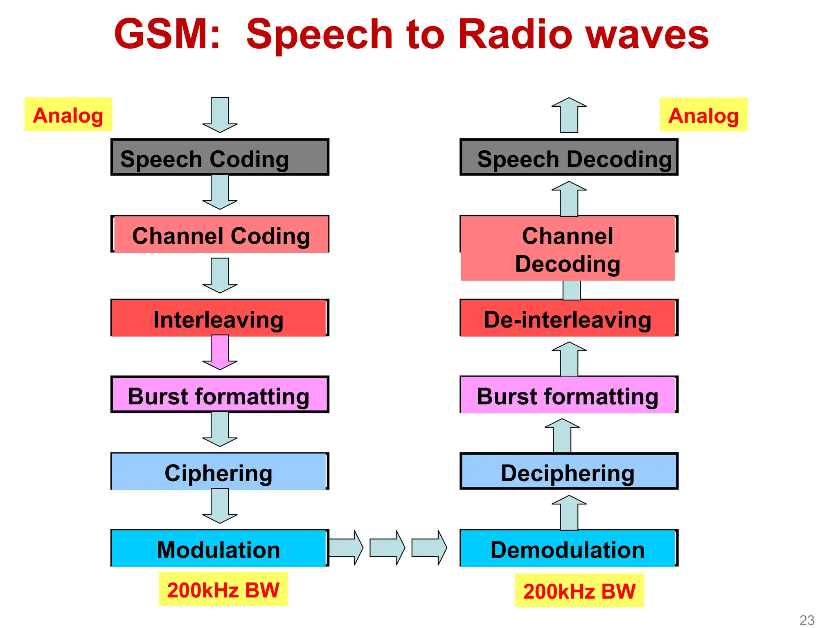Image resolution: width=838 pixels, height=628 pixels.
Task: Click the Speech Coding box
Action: pos(220,157)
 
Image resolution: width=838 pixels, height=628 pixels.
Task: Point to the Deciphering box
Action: pos(568,471)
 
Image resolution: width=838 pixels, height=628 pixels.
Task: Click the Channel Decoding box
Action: pos(568,249)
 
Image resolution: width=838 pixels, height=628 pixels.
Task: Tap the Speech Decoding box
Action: pos(569,157)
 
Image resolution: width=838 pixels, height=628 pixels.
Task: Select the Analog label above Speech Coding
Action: pos(68,114)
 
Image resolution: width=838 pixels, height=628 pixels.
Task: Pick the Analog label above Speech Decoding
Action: pos(703,115)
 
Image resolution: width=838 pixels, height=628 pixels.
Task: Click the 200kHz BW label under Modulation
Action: pos(223,589)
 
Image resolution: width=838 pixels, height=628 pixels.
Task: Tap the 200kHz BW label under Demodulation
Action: pos(579,590)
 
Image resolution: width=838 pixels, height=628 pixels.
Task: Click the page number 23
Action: pos(807,620)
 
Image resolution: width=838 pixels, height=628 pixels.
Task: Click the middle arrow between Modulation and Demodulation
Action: pos(387,548)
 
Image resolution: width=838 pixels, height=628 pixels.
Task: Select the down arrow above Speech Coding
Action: pos(220,115)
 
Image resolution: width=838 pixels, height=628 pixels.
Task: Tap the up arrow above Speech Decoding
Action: pos(569,115)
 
